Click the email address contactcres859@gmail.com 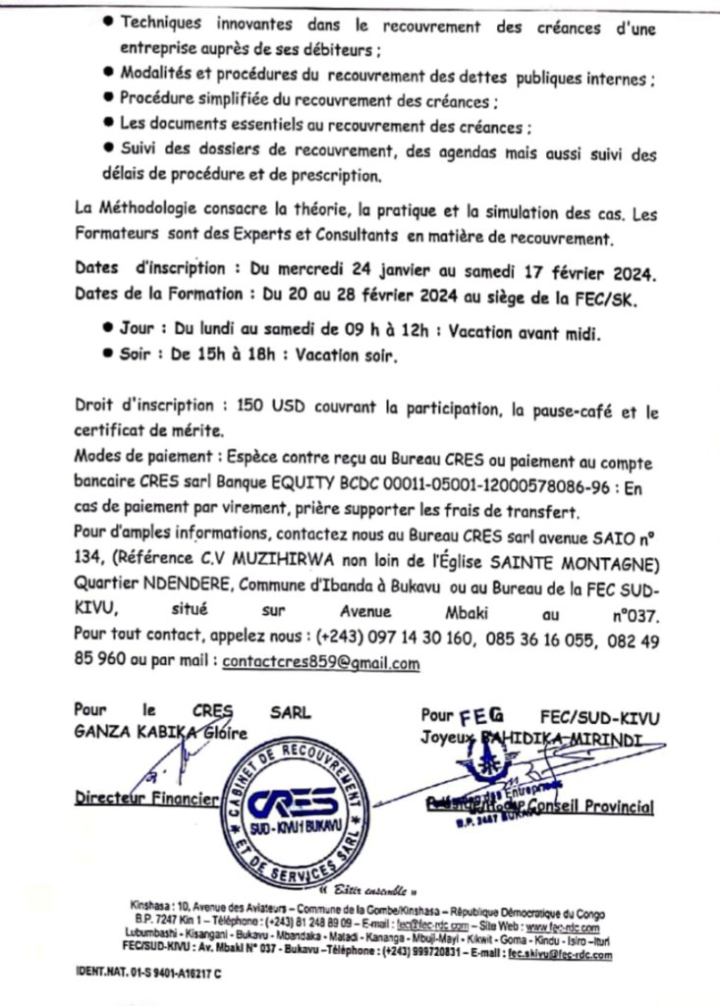pos(321,663)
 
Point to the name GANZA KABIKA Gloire pos(161,732)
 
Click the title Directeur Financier pos(147,800)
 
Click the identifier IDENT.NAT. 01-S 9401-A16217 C pos(147,972)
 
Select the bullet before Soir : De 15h pos(107,358)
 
